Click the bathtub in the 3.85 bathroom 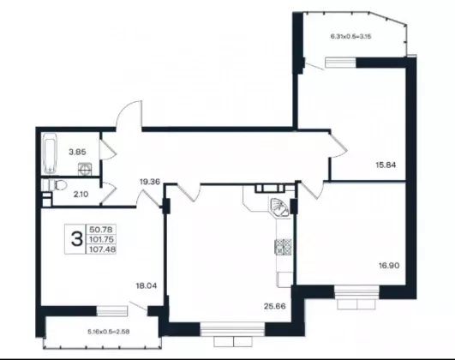(x=50, y=153)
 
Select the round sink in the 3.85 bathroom (x=86, y=169)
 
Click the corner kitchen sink (x=279, y=207)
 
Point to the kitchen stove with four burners (x=283, y=247)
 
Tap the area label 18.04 (x=147, y=285)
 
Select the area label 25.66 (x=275, y=306)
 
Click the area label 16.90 (x=389, y=266)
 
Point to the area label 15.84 (x=386, y=165)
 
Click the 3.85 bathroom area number (x=77, y=152)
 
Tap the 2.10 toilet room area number (x=81, y=195)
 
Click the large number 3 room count (x=77, y=239)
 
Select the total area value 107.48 (x=103, y=249)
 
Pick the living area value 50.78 (x=101, y=230)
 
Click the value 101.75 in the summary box (x=102, y=239)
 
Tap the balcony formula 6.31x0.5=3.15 (x=350, y=37)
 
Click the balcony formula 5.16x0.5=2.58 (x=109, y=332)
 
